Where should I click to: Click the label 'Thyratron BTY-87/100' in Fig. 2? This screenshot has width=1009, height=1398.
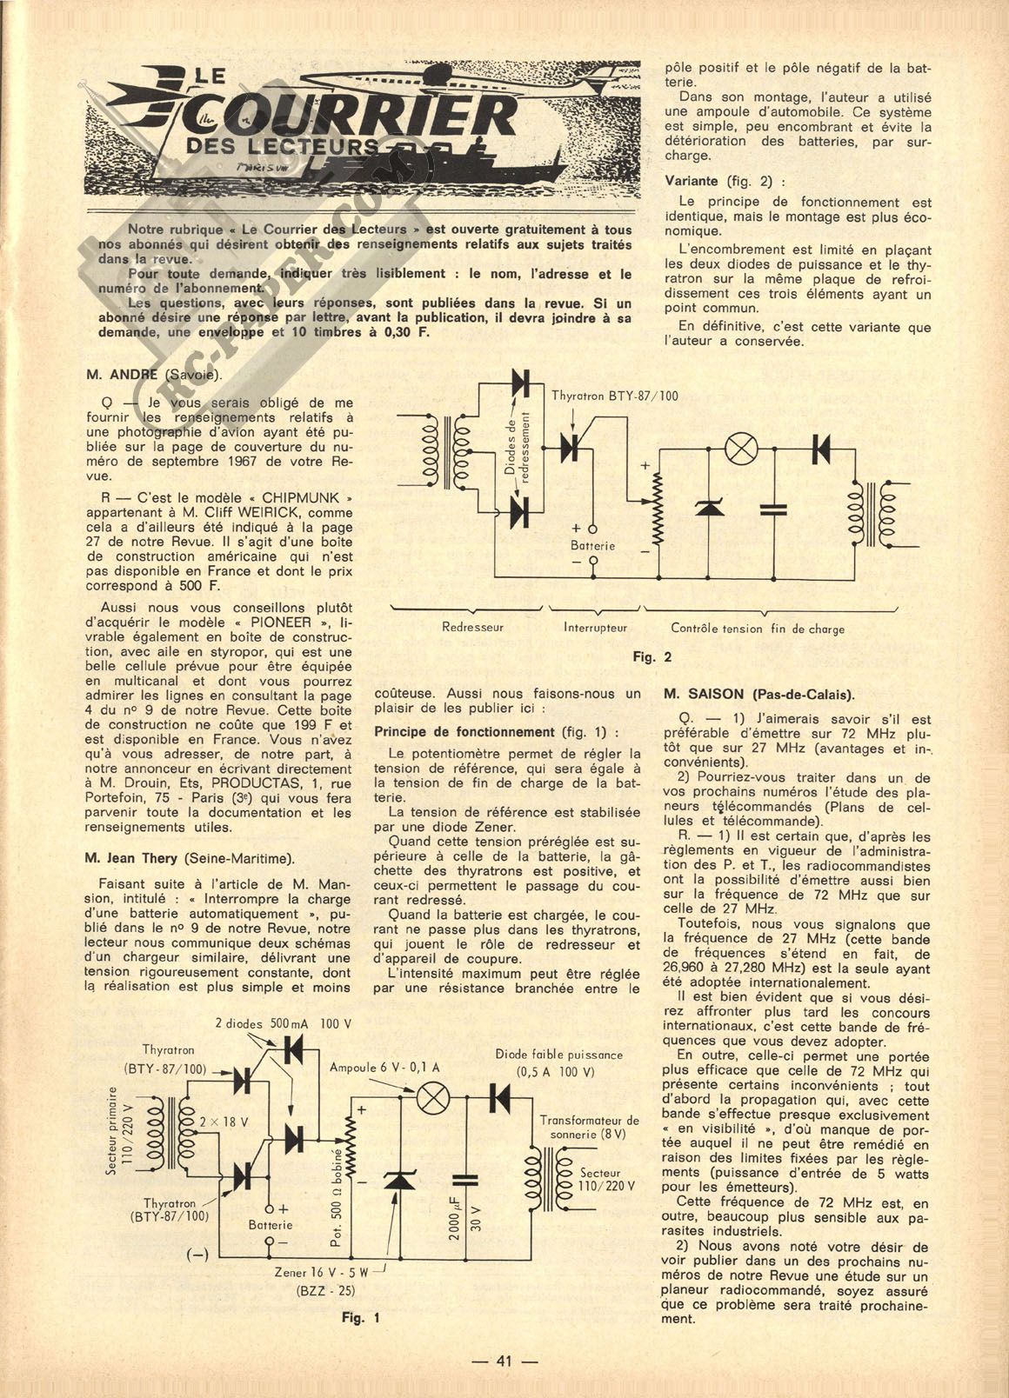[615, 396]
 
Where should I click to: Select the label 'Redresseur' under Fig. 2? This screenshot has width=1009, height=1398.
[472, 627]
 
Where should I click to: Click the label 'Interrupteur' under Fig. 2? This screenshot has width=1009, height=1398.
[595, 627]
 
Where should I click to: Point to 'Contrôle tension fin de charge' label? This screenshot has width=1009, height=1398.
[757, 628]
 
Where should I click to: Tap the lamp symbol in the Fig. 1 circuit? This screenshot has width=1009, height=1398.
[431, 1099]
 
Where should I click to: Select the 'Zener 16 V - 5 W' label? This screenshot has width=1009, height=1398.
[322, 1270]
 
